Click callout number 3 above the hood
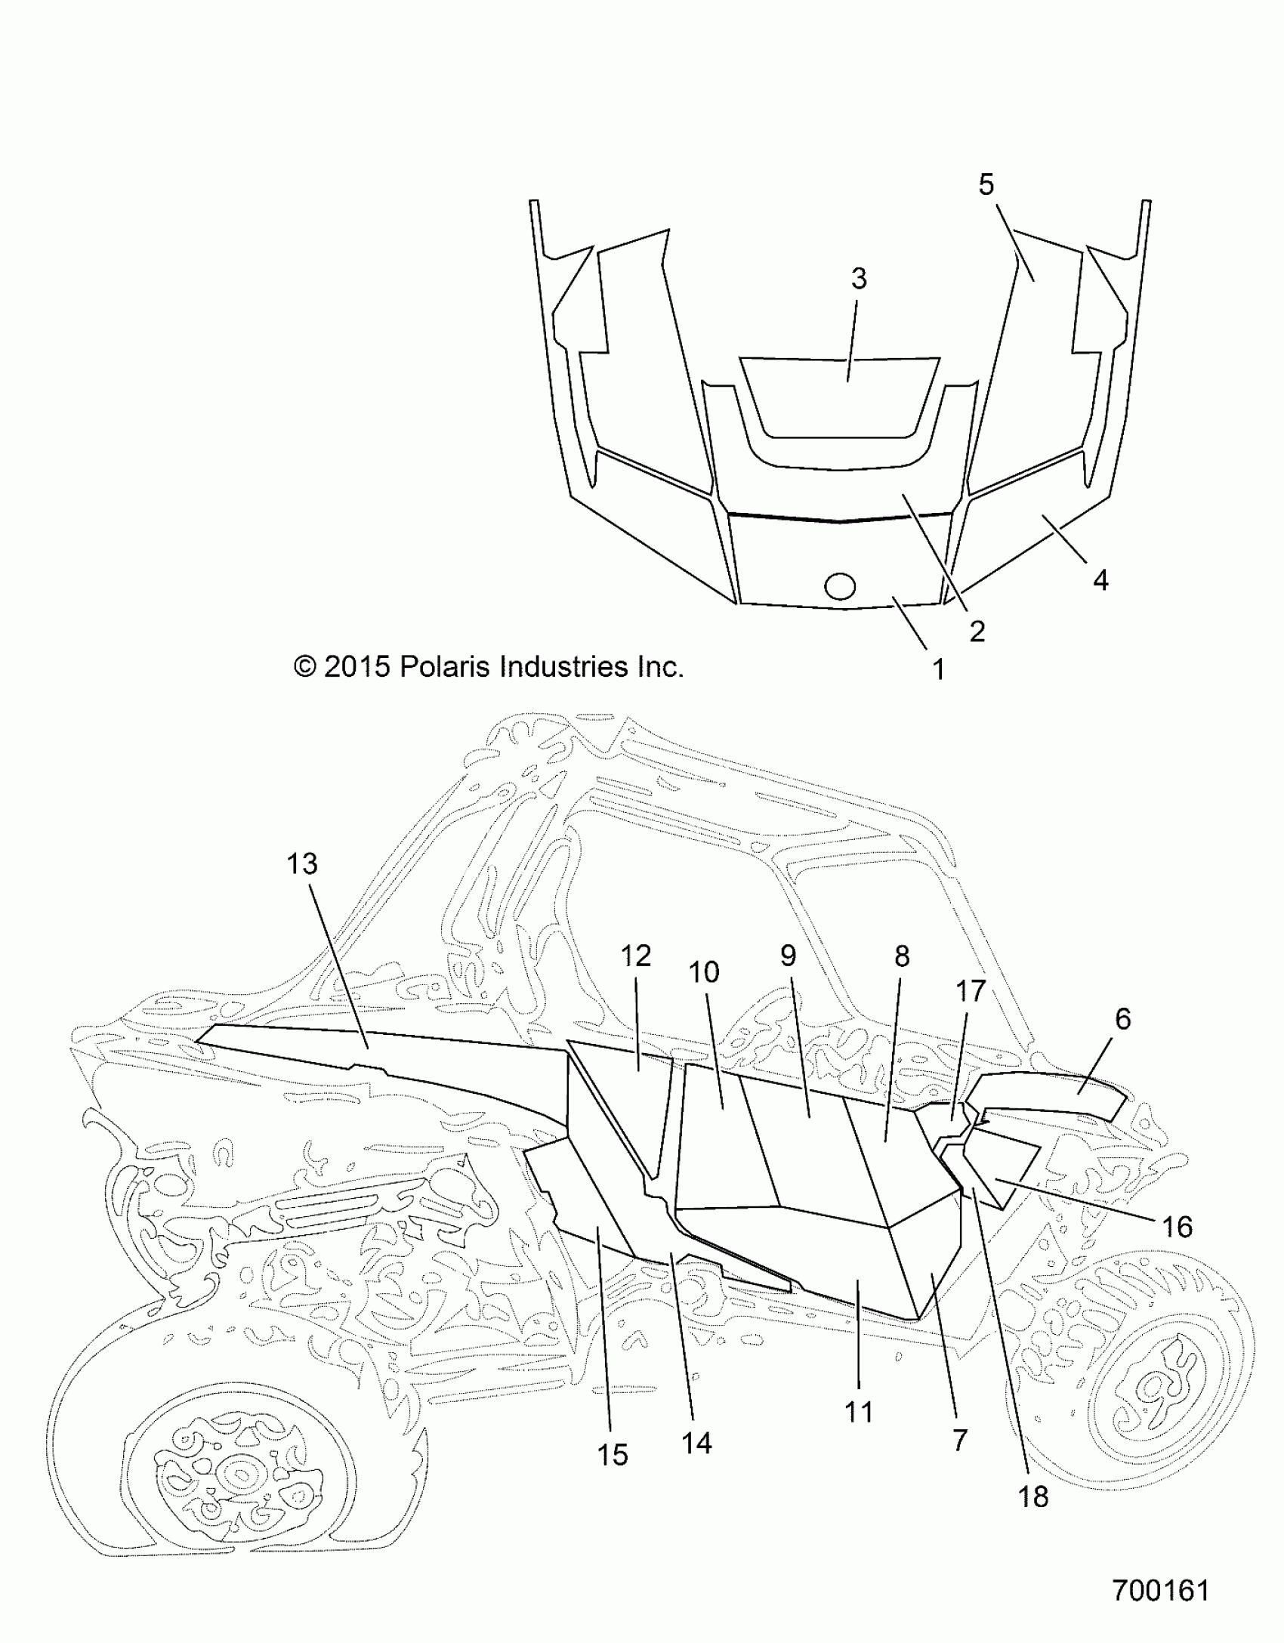tap(859, 279)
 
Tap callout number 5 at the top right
tap(986, 184)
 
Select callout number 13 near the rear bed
tap(302, 863)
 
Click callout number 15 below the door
tap(613, 1455)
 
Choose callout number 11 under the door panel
tap(859, 1412)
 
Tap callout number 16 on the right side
tap(1177, 1228)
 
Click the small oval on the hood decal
tap(841, 585)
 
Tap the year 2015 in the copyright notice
tap(357, 667)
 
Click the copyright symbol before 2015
tap(305, 667)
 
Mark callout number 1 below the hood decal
tap(939, 669)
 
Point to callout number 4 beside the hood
tap(1101, 580)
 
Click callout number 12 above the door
tap(636, 956)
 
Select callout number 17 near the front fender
tap(971, 990)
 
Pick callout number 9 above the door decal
tap(789, 956)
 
